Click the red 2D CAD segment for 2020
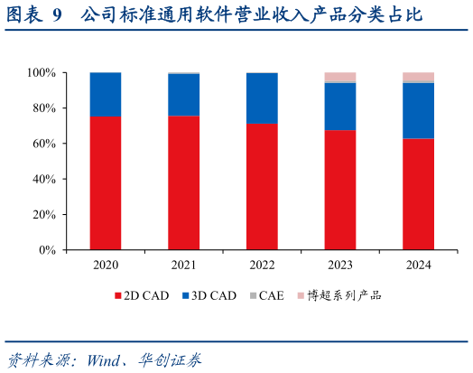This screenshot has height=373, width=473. click(106, 183)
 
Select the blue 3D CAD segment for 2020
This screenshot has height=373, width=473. click(106, 94)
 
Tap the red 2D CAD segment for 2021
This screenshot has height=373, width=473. click(183, 183)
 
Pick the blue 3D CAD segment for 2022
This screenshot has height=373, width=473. click(262, 98)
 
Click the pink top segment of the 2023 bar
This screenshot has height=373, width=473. click(340, 77)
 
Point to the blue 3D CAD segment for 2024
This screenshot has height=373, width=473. click(418, 110)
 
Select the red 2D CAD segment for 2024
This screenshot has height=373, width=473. click(418, 194)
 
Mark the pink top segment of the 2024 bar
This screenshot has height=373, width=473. click(418, 77)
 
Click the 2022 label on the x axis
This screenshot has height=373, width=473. click(262, 265)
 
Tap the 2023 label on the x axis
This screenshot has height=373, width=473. click(340, 265)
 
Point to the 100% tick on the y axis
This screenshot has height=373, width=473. click(42, 72)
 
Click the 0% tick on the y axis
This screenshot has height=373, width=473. click(48, 250)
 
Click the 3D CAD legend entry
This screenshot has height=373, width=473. click(209, 294)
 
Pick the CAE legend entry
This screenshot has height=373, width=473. click(266, 294)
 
